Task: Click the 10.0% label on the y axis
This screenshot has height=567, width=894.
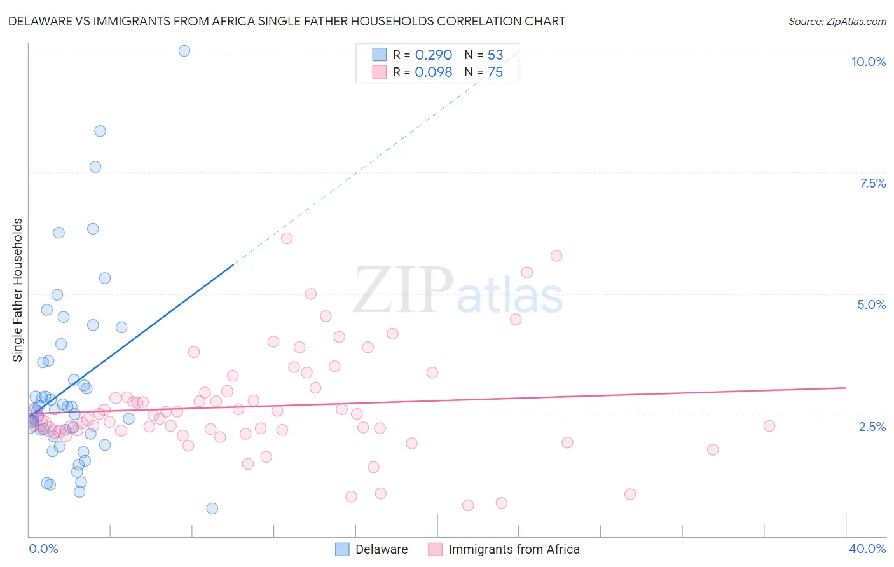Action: [868, 62]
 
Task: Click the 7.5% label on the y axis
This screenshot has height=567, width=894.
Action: [872, 183]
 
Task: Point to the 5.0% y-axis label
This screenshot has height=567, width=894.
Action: [871, 304]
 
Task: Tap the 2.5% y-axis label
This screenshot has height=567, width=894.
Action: [872, 427]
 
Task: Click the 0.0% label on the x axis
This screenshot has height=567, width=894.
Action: [43, 549]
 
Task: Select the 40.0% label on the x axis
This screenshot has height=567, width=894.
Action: [867, 549]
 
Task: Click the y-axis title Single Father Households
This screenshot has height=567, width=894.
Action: [17, 290]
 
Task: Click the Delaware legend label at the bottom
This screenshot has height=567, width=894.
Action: [382, 549]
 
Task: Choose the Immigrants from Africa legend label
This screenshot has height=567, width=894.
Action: [514, 549]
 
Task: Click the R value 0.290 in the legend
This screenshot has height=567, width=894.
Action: [434, 55]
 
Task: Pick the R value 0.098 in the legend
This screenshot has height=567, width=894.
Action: [434, 72]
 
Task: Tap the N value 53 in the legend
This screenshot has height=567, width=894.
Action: [495, 55]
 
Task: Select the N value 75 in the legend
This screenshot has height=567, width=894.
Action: [495, 72]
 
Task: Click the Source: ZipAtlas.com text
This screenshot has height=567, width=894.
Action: [837, 21]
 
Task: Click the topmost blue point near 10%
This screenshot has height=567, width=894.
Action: [184, 51]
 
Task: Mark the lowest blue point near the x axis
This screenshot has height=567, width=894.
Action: [212, 509]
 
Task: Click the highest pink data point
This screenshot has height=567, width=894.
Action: [287, 238]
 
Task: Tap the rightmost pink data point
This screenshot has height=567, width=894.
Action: [769, 426]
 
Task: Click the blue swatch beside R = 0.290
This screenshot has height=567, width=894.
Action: [380, 55]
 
